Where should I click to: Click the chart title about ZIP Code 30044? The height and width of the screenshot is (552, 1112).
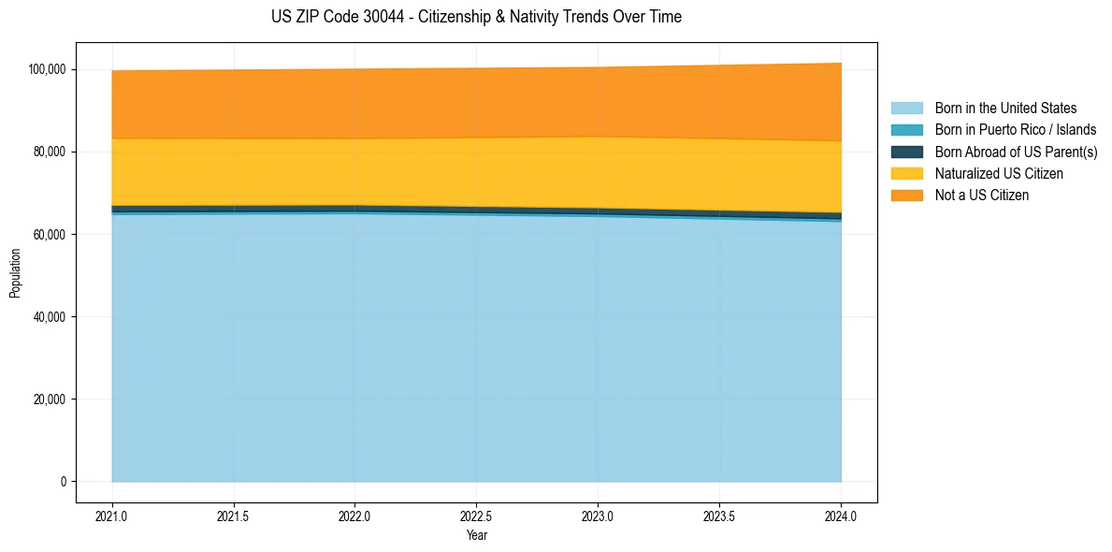point(476,17)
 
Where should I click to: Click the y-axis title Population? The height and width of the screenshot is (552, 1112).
point(15,273)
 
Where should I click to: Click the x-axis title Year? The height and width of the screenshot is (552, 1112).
point(476,536)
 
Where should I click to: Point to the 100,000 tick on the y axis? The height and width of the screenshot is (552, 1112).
point(47,69)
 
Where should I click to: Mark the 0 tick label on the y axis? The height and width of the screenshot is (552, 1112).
point(64,482)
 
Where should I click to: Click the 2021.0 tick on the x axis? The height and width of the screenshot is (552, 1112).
point(111,516)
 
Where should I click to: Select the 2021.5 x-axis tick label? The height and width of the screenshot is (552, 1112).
point(233,516)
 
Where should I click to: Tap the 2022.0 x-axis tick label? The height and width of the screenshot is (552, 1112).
point(354,516)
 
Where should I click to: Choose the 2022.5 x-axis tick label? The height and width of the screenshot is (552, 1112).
point(476,516)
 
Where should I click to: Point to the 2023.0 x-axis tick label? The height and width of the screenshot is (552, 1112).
point(598,516)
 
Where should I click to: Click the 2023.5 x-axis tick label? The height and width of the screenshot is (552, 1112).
point(719,516)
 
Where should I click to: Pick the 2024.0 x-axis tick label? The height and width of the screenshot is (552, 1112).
point(841,516)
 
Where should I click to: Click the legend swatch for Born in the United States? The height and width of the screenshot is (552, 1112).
point(906,109)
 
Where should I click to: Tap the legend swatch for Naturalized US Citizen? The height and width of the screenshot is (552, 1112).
point(906,174)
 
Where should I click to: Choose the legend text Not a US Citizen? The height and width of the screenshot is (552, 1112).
point(982,196)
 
